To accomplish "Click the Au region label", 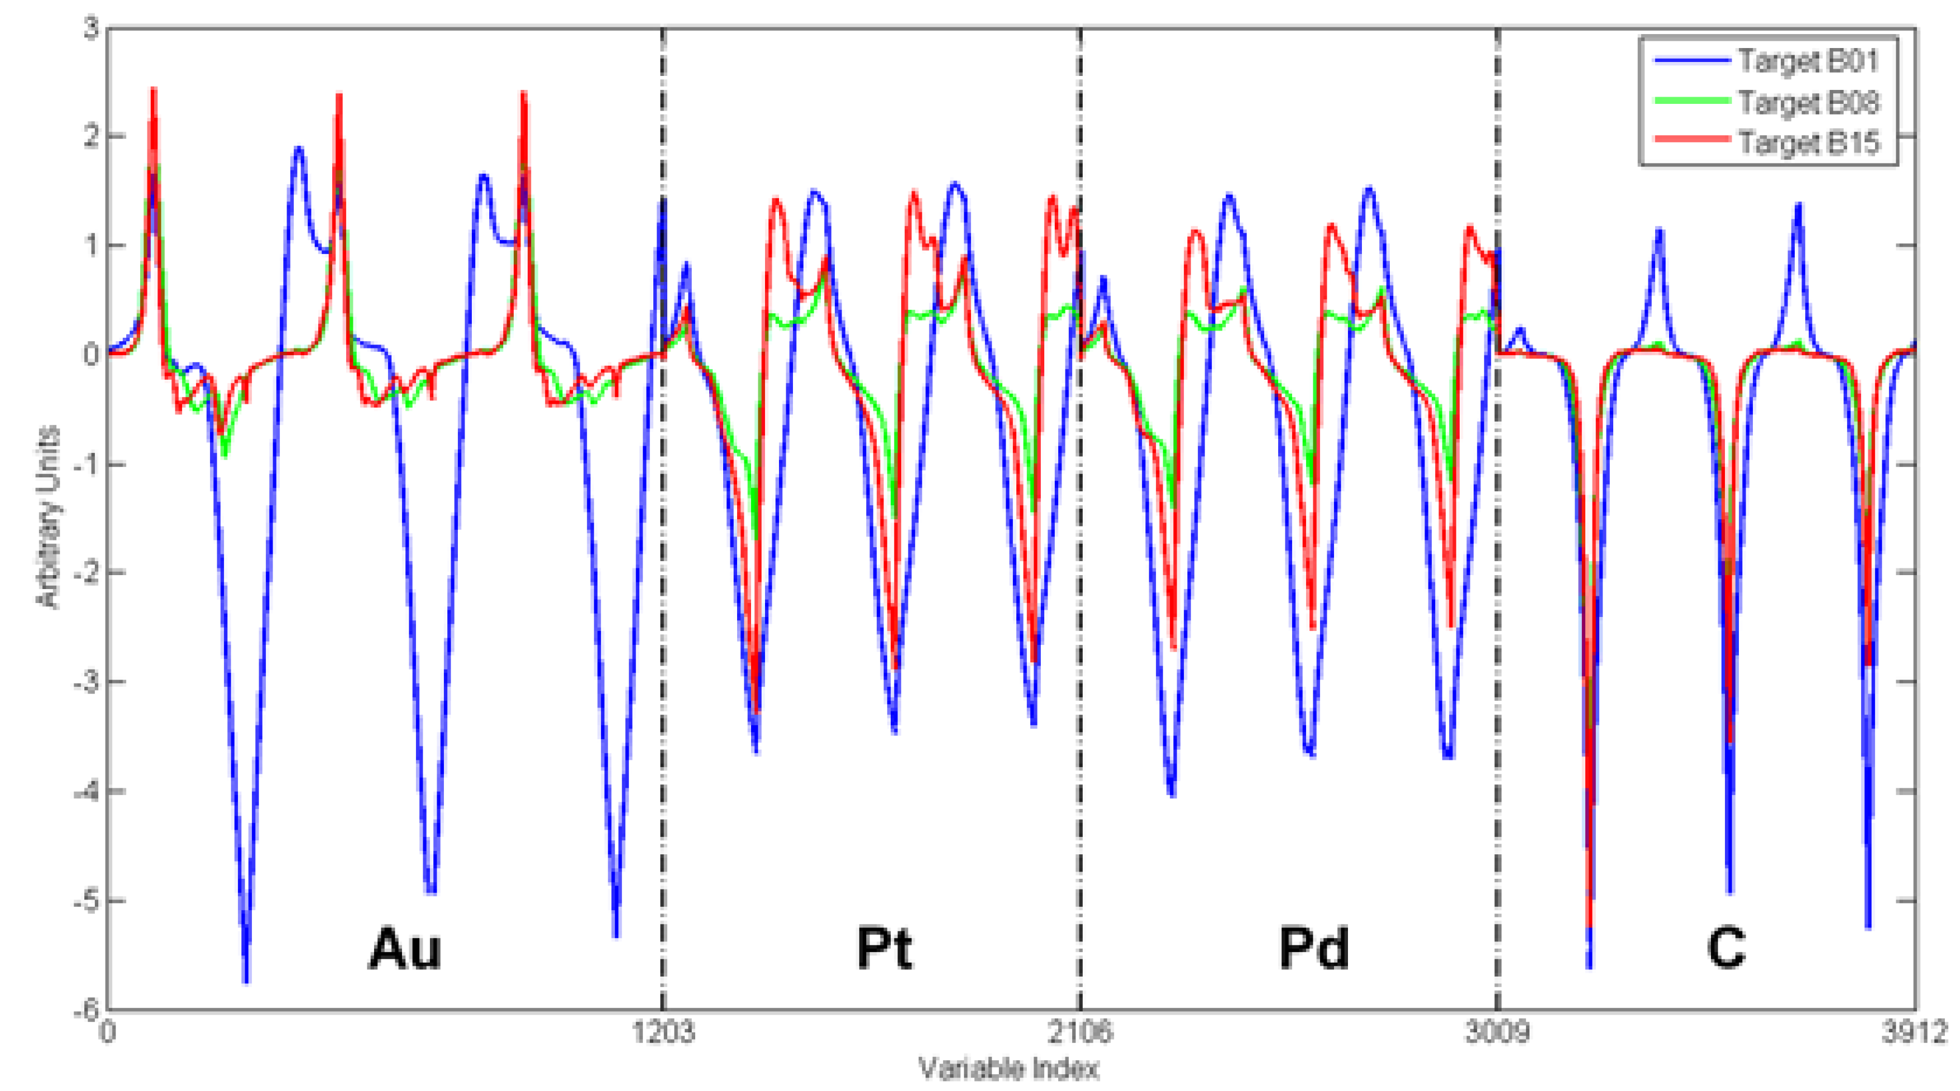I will (x=405, y=949).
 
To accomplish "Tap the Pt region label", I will (x=883, y=949).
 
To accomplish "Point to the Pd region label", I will (x=1313, y=949).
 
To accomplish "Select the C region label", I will (x=1725, y=949).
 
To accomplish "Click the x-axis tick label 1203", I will (x=663, y=1033).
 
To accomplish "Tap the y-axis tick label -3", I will (x=86, y=682).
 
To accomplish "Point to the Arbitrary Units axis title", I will (x=47, y=518).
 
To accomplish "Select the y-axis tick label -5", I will (x=86, y=901).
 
